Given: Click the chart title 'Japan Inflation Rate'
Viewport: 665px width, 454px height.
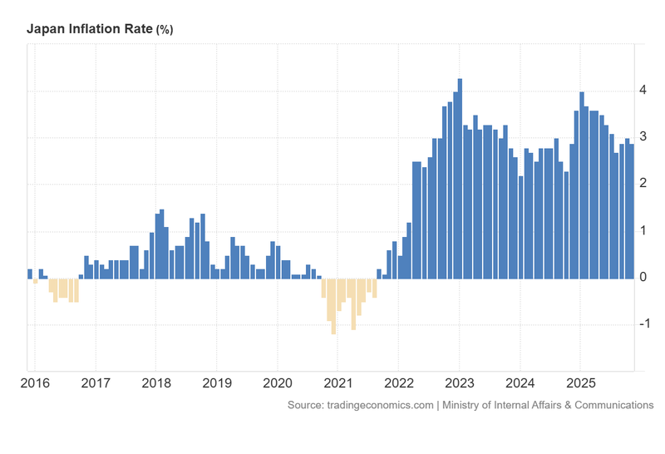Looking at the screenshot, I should click(89, 29).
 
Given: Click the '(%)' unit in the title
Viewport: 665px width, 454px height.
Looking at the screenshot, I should click(165, 30).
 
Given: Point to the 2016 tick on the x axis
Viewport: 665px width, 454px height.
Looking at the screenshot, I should click(34, 383).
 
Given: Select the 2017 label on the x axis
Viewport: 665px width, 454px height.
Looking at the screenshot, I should click(96, 383).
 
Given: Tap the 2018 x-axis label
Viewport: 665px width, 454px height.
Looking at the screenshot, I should click(156, 383).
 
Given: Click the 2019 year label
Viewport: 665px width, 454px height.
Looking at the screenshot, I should click(217, 383).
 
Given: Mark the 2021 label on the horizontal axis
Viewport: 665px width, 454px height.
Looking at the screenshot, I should click(337, 383).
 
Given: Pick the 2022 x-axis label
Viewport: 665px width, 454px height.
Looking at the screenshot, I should click(398, 383).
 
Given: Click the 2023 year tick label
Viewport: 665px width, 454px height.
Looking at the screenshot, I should click(459, 383).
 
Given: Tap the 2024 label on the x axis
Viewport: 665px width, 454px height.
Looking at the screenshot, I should click(520, 383).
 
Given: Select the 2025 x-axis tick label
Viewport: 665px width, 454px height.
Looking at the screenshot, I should click(579, 383).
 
